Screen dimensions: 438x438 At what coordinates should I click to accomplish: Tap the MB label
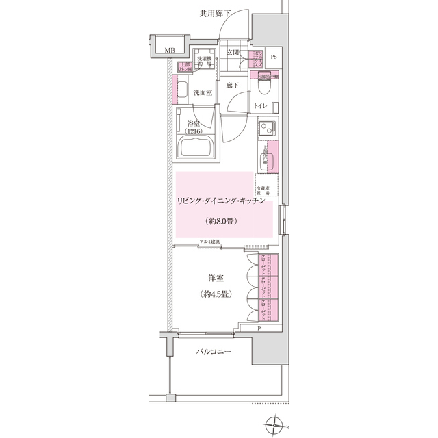point(168,49)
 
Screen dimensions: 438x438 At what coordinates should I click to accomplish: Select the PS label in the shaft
point(274,57)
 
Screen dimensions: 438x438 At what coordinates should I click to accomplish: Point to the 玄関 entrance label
point(232,53)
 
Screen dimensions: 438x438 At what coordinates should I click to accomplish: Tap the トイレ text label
point(261,106)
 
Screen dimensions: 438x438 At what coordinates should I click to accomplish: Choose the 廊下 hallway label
point(232,86)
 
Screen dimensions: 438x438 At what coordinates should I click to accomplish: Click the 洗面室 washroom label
point(201,92)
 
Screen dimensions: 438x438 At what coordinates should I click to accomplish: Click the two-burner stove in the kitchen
point(266,127)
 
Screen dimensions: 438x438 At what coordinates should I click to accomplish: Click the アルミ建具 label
point(209,241)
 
